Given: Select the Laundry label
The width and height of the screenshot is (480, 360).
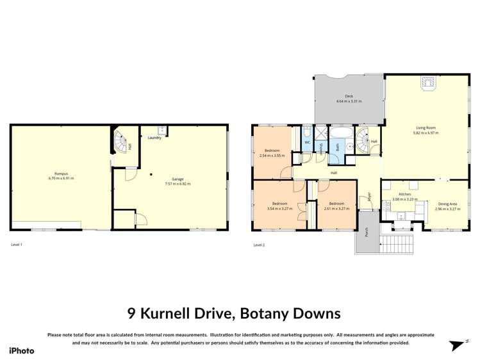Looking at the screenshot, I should pyautogui.click(x=154, y=138).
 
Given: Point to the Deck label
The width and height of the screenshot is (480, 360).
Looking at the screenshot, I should pyautogui.click(x=349, y=96).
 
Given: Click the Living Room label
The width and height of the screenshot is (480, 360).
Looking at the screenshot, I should pyautogui.click(x=426, y=127).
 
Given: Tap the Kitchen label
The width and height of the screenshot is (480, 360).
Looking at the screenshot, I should pyautogui.click(x=404, y=194).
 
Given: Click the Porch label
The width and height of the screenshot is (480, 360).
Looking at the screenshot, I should pyautogui.click(x=365, y=234).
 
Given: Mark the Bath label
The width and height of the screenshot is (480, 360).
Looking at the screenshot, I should pyautogui.click(x=338, y=147).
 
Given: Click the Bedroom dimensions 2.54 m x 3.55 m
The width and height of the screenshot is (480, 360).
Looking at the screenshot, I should pyautogui.click(x=272, y=156).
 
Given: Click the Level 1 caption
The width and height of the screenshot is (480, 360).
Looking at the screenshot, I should pyautogui.click(x=17, y=245).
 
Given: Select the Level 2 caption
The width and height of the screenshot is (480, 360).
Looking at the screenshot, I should pyautogui.click(x=259, y=245).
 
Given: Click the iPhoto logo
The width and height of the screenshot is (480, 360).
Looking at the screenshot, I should pyautogui.click(x=21, y=350).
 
